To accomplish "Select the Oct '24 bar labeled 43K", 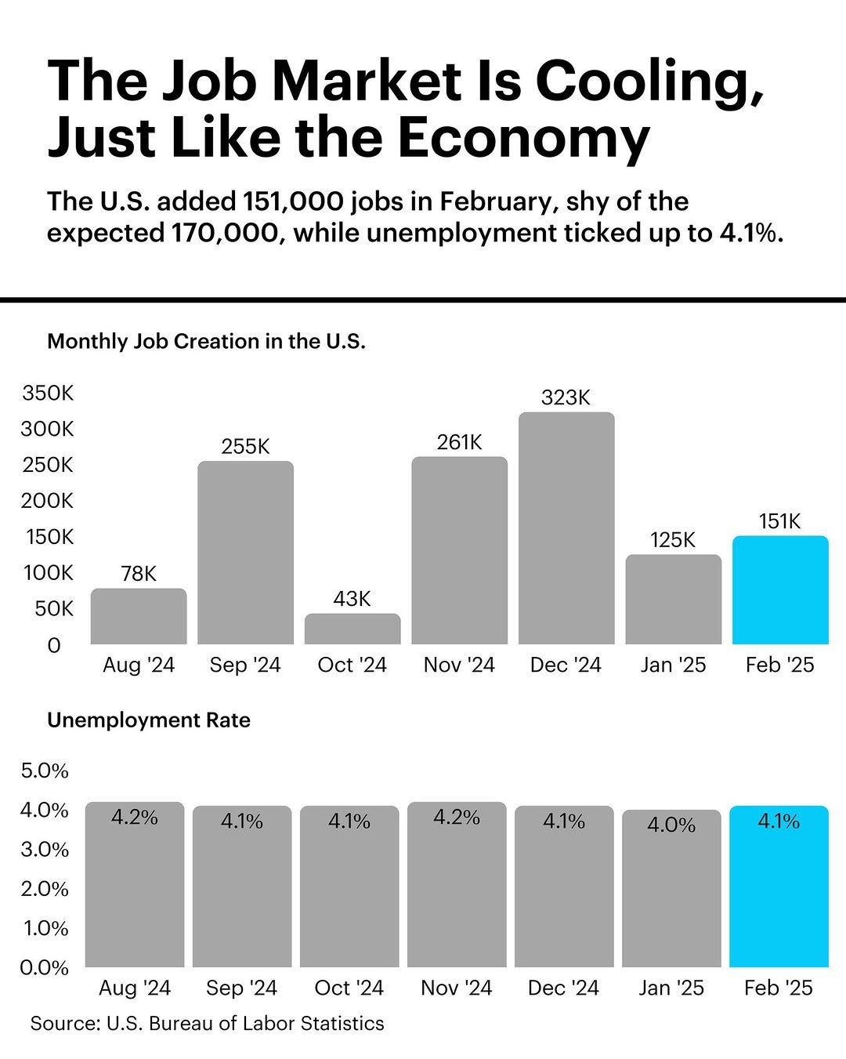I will coord(352,629).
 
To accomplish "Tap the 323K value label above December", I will coord(566,397).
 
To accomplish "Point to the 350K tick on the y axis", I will coord(48,393).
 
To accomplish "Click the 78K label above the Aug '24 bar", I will coord(139,574).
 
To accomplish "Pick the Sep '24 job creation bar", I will coord(245,553).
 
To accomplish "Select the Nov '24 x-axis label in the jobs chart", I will coord(459,665).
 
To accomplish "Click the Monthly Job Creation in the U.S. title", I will coord(207,341).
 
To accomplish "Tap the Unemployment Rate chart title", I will coord(149,720).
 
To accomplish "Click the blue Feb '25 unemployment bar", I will coord(779,894).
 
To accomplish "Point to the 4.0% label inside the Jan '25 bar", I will coord(671,825).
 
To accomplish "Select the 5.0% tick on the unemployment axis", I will coord(45,771).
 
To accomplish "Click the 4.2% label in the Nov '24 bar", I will coord(457,818).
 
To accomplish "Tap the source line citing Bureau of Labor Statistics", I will coord(208,1023).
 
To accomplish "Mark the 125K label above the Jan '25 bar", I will coord(673,540).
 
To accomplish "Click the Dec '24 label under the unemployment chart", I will coord(563,988).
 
